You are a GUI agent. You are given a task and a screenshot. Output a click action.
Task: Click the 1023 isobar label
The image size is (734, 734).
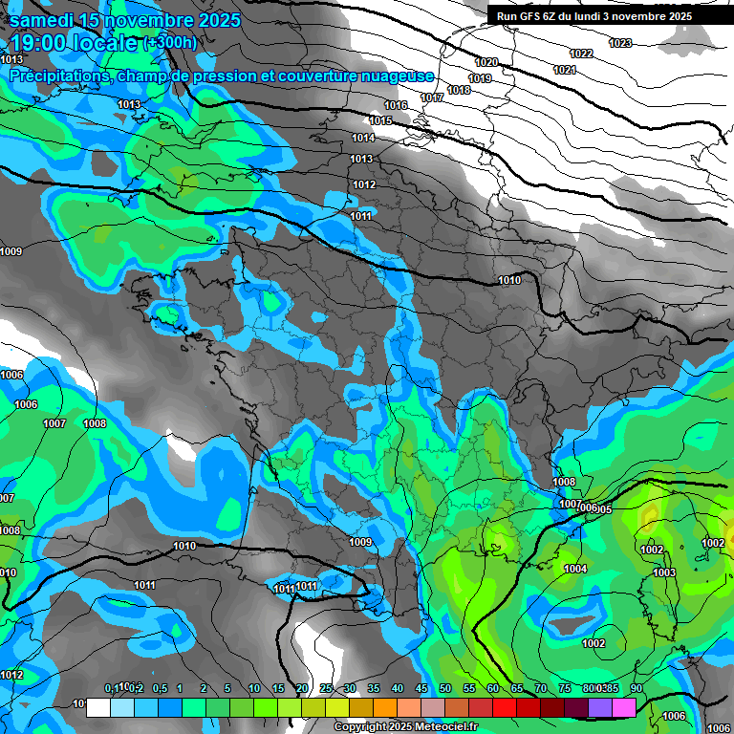pos(620,43)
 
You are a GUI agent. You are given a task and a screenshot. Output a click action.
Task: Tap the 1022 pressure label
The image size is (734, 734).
pos(581,54)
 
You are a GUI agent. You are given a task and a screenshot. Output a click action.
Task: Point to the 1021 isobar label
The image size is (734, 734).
pos(565,71)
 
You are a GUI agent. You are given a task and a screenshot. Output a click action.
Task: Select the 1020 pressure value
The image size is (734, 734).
pos(486,62)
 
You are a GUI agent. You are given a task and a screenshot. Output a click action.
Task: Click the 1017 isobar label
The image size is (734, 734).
pos(432,98)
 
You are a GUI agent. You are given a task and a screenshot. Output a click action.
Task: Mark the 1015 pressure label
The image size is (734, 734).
pos(381,120)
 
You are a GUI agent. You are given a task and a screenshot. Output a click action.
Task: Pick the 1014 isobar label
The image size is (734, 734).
pos(363,139)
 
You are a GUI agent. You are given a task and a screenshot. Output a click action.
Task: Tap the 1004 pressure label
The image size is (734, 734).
pos(575,570)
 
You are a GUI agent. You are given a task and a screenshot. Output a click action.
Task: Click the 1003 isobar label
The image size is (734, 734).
pos(664,573)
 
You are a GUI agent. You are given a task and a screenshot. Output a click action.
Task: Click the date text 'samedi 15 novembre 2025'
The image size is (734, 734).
pos(125,20)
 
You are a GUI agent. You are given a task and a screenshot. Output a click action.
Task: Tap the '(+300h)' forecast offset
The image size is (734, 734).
pos(170,43)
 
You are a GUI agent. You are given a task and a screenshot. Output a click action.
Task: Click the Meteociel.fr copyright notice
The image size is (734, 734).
pos(405,727)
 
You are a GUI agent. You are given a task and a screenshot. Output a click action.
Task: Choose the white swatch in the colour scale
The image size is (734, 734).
pos(97,707)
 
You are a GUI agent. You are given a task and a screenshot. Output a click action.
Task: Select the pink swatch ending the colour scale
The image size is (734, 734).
pos(624,707)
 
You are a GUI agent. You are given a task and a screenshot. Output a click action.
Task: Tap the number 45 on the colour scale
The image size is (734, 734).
pos(421,689)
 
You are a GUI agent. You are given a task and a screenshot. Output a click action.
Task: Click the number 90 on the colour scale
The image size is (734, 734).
pos(637,689)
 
